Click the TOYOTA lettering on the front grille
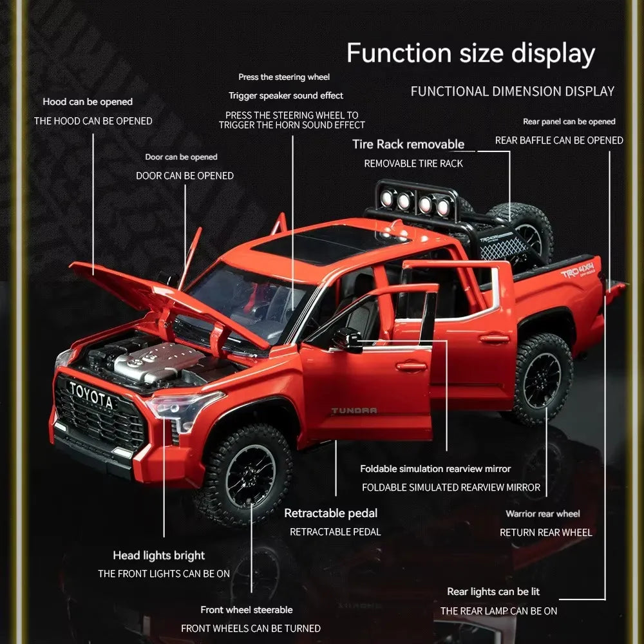click(x=90, y=395)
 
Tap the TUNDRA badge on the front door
click(x=354, y=411)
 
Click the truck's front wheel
click(x=245, y=477)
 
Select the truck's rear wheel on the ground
click(x=542, y=379)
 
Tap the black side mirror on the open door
click(x=348, y=340)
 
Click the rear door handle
click(x=495, y=339)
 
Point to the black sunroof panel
click(x=325, y=243)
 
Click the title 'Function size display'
click(x=471, y=53)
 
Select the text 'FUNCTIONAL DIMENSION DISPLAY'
click(x=513, y=91)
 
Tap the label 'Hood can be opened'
click(x=88, y=102)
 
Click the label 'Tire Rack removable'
click(x=408, y=144)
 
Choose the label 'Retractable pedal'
click(x=330, y=513)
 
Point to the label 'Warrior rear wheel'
click(x=543, y=514)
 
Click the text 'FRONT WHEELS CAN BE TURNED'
click(x=251, y=629)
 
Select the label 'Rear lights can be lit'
click(x=493, y=591)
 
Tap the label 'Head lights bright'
click(x=159, y=555)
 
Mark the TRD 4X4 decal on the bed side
click(x=578, y=270)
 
